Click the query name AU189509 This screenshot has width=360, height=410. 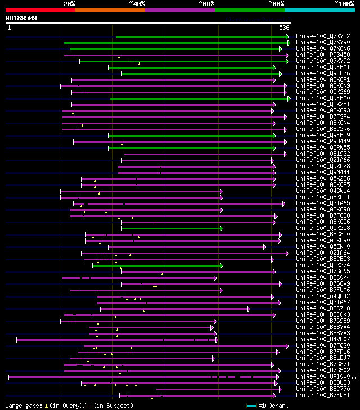click(21, 18)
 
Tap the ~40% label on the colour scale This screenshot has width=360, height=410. click(137, 4)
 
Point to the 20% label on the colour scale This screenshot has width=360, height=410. click(69, 4)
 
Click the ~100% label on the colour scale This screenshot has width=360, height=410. click(344, 4)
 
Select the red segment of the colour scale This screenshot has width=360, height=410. click(40, 10)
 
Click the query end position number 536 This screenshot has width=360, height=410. click(285, 27)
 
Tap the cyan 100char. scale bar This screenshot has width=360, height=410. click(251, 405)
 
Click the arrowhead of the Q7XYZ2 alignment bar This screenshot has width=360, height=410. click(287, 37)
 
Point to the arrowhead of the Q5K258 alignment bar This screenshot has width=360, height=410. click(222, 228)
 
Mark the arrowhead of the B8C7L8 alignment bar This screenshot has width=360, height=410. click(249, 308)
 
